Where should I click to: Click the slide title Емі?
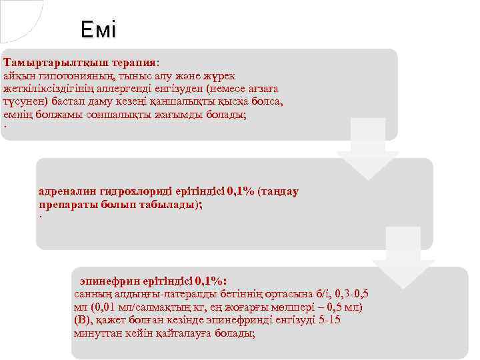98,29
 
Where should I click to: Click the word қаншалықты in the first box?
187,101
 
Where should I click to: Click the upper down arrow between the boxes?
367,150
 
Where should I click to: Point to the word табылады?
167,205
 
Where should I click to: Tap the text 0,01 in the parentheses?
105,307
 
